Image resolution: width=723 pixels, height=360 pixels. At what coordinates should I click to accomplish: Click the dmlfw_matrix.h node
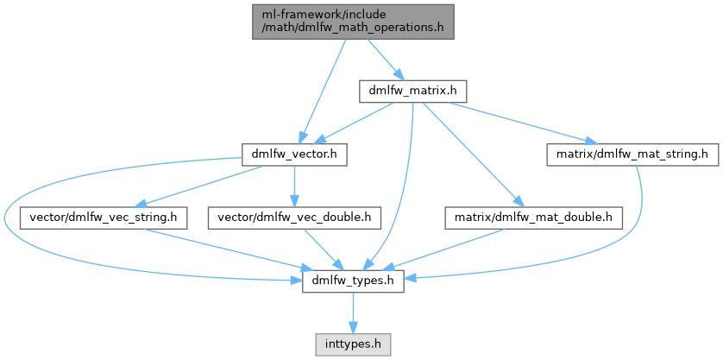(x=412, y=90)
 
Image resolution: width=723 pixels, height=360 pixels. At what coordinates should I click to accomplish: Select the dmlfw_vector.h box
(x=294, y=155)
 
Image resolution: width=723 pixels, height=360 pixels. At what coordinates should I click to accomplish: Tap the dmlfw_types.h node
(x=353, y=281)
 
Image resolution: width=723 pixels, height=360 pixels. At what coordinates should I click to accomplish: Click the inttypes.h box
(x=353, y=343)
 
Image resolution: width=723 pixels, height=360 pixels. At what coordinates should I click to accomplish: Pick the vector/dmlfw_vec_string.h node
(x=104, y=218)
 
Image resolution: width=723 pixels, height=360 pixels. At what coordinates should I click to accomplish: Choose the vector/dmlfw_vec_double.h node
(x=294, y=218)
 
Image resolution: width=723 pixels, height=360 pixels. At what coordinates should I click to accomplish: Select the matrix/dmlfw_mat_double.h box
(x=533, y=218)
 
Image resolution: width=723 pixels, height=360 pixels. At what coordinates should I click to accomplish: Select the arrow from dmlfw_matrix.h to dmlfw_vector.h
(x=353, y=123)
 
